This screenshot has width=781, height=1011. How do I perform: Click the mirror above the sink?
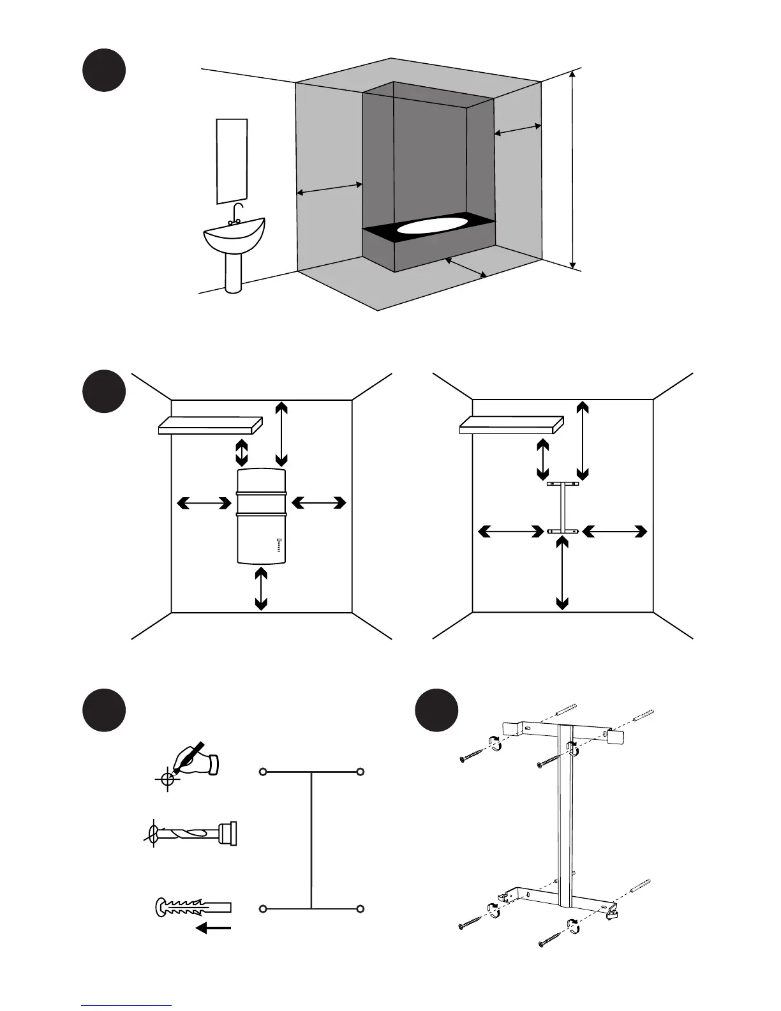(x=232, y=161)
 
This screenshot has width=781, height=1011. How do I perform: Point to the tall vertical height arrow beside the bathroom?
(x=573, y=169)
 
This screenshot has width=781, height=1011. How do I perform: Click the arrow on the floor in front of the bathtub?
(x=466, y=267)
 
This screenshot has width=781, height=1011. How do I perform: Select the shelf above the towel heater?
(x=211, y=425)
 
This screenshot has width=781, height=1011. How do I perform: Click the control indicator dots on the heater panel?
(x=279, y=545)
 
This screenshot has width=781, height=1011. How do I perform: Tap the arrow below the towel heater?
(x=261, y=588)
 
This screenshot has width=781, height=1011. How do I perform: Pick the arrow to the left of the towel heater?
(x=204, y=504)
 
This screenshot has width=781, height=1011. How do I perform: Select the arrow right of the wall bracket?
(x=614, y=531)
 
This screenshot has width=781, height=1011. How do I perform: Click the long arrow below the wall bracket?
(x=562, y=573)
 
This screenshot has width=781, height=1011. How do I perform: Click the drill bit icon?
(x=191, y=834)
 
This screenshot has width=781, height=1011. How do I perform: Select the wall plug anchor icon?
(x=192, y=908)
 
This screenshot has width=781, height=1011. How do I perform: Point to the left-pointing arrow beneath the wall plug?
(x=213, y=928)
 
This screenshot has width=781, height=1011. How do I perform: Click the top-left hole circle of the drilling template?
(x=262, y=772)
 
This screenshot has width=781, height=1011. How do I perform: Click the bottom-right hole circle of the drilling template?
(x=361, y=908)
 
